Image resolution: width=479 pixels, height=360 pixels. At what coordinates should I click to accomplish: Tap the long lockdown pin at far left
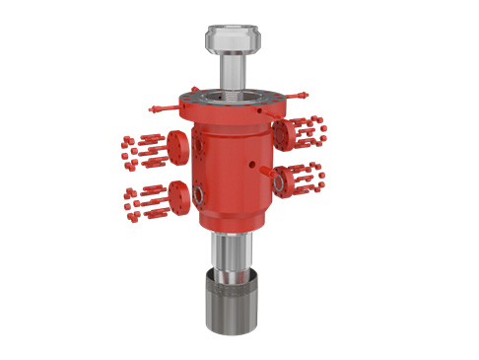coord(164,106)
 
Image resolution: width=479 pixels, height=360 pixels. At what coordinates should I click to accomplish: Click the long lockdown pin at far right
coord(300,95)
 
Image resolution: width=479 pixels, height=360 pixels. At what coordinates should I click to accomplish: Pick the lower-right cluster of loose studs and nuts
coord(312,177)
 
